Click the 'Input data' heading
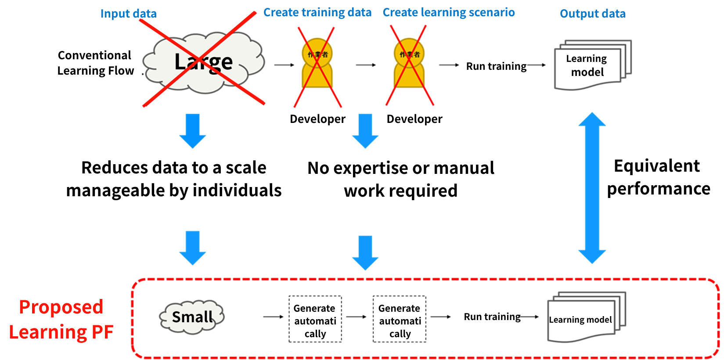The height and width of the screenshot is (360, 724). (x=128, y=14)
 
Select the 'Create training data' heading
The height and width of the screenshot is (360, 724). (x=317, y=12)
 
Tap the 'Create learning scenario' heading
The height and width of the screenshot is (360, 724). (x=448, y=12)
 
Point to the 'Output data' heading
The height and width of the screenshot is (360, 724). (x=592, y=14)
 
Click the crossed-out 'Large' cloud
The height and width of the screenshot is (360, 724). (x=204, y=62)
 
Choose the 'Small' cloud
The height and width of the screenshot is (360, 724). (x=192, y=317)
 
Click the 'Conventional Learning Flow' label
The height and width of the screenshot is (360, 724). (x=95, y=63)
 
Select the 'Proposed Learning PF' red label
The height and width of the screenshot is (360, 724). (x=61, y=319)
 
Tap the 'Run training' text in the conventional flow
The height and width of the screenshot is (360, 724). (x=496, y=66)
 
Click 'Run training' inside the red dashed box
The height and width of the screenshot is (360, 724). (x=492, y=317)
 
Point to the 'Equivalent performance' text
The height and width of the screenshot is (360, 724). (x=658, y=177)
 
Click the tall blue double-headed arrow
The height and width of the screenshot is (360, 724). (x=592, y=188)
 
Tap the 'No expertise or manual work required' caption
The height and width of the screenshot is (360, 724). (x=400, y=179)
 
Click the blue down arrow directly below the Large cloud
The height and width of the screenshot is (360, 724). (x=193, y=130)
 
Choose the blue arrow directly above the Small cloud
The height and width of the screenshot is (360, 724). (x=193, y=247)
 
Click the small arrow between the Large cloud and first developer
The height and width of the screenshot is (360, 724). (x=284, y=65)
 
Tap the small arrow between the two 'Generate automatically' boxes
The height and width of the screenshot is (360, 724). (x=356, y=317)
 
